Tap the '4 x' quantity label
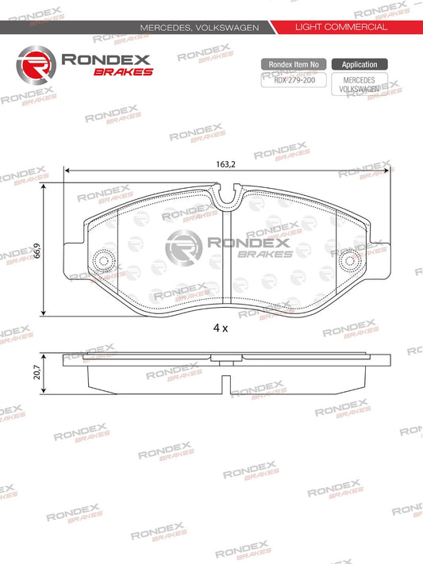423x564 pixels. tap(221, 327)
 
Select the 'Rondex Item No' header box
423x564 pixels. tap(293, 64)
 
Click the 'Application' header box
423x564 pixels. tap(360, 64)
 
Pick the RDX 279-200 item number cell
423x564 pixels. tap(293, 79)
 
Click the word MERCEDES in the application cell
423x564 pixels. tap(360, 80)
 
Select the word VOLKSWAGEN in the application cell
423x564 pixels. tap(360, 90)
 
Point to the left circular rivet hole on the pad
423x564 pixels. tap(102, 260)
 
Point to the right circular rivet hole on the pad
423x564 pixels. tap(349, 260)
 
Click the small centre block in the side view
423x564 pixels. tap(226, 362)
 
